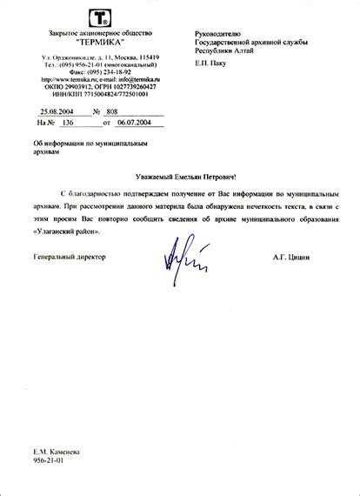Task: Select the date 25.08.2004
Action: [x=57, y=111]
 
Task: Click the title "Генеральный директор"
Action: [x=69, y=257]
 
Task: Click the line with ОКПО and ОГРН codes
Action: [x=97, y=87]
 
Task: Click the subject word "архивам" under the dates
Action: [x=47, y=151]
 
